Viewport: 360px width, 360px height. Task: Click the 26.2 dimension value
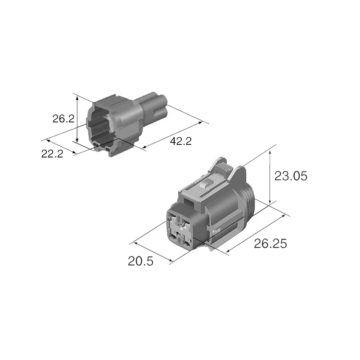click(63, 119)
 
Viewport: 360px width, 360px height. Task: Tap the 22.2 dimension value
click(52, 154)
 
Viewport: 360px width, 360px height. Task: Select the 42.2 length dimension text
click(181, 141)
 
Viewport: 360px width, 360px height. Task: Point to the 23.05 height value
click(291, 176)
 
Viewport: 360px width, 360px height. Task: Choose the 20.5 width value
click(140, 261)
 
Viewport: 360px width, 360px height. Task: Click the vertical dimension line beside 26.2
click(77, 119)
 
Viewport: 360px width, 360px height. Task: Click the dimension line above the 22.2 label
click(58, 145)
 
